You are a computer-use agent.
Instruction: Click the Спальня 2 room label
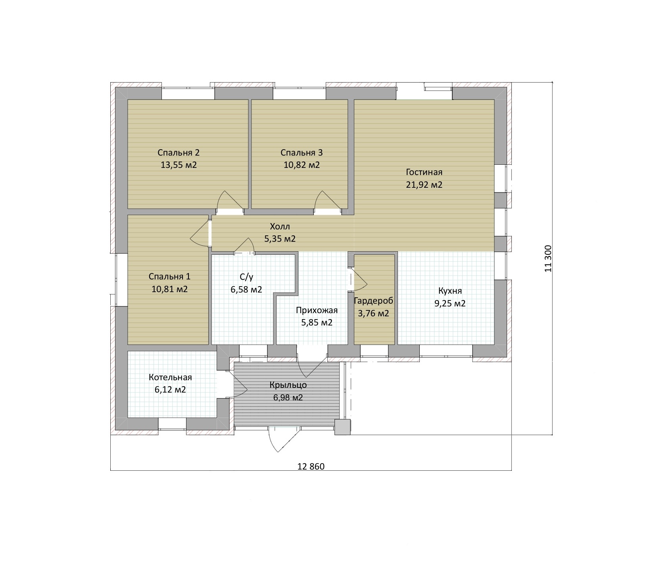[179, 153]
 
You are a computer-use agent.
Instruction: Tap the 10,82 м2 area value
[302, 165]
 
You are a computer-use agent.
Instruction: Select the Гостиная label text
[424, 172]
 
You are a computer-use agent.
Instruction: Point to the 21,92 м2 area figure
[424, 185]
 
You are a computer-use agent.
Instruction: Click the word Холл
[280, 227]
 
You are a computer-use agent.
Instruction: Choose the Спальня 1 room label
[169, 277]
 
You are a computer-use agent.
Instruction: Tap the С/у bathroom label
[246, 277]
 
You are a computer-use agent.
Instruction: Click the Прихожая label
[317, 310]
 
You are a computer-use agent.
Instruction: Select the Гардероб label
[373, 301]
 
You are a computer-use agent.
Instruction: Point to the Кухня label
[450, 291]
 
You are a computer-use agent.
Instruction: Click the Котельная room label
[170, 377]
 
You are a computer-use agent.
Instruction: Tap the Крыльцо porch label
[288, 385]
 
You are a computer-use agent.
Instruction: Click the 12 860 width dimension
[311, 467]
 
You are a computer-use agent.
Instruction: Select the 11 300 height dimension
[548, 258]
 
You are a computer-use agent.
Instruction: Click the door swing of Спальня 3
[327, 200]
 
